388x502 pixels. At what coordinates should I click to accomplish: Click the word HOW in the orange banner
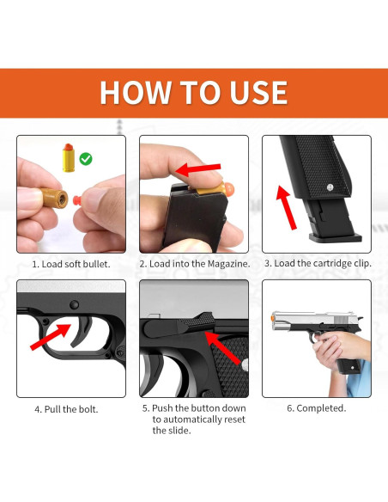click(x=135, y=92)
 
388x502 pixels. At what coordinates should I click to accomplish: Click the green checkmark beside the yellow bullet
click(x=86, y=159)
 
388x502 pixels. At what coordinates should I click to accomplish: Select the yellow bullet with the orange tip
click(x=69, y=158)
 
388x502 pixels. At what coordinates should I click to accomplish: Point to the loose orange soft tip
click(x=78, y=200)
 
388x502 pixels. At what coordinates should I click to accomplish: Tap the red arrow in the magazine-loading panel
click(x=198, y=169)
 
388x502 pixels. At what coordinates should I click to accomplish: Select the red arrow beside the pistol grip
click(x=287, y=207)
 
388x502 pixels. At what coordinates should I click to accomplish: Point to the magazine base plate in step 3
click(x=335, y=237)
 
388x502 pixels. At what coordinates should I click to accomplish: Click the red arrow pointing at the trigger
click(x=51, y=336)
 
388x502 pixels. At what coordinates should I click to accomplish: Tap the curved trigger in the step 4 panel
click(x=82, y=331)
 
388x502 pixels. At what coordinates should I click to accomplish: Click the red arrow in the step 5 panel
click(x=222, y=347)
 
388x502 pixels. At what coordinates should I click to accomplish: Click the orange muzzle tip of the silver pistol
click(x=273, y=318)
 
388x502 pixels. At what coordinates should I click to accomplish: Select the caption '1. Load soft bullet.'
click(x=71, y=264)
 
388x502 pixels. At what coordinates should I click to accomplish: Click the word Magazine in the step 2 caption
click(x=229, y=264)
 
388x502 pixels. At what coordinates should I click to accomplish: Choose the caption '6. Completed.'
click(x=317, y=408)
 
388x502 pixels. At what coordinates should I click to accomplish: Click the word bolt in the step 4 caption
click(x=89, y=409)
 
